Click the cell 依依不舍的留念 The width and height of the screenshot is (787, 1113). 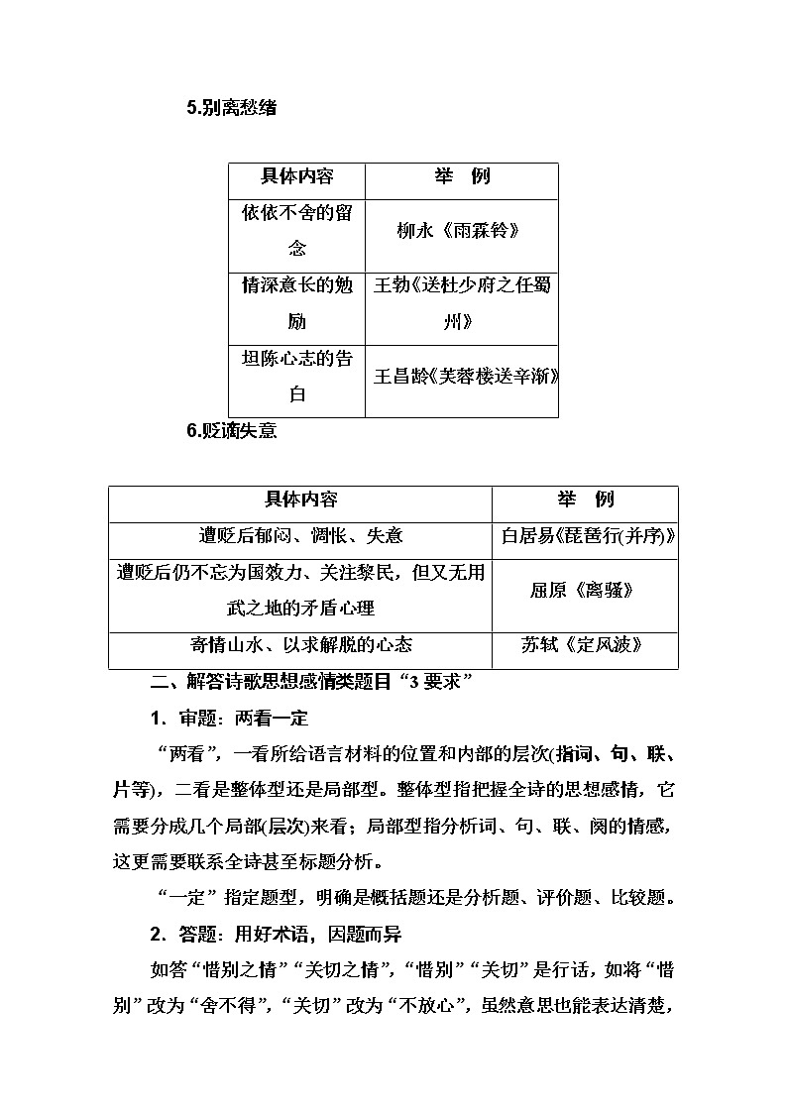[x=297, y=230]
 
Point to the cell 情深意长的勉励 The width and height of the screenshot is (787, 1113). [x=297, y=303]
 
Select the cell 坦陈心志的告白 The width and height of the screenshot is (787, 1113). [x=297, y=376]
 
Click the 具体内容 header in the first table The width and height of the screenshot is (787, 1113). [x=297, y=178]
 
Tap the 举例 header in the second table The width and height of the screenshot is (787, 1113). [x=585, y=501]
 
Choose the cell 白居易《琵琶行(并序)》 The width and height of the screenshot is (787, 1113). [x=585, y=536]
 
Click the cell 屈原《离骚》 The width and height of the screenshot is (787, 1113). [x=585, y=591]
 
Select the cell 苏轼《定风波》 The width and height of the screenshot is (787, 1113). [x=585, y=645]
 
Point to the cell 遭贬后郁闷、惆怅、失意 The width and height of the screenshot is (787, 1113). [x=300, y=536]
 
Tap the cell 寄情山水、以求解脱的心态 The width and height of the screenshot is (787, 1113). [x=300, y=645]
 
